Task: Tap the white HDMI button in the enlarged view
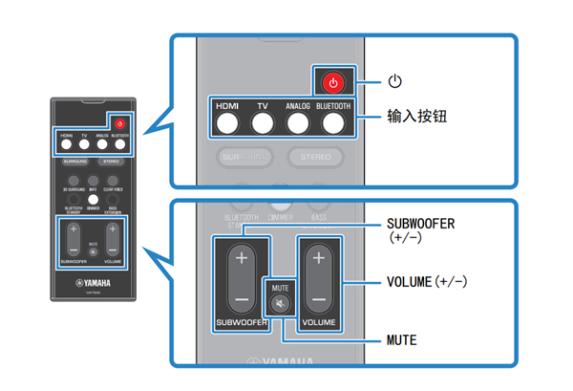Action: pyautogui.click(x=225, y=122)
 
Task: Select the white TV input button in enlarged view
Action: pyautogui.click(x=262, y=122)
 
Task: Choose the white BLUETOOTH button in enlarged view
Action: pyautogui.click(x=333, y=122)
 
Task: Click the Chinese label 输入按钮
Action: pyautogui.click(x=417, y=117)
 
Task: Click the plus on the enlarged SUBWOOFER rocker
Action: pyautogui.click(x=241, y=258)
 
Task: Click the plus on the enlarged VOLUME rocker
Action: pyautogui.click(x=318, y=258)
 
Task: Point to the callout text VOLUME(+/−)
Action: pyautogui.click(x=427, y=282)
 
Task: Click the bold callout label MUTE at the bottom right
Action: pyautogui.click(x=405, y=339)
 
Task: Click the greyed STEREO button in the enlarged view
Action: pyautogui.click(x=314, y=156)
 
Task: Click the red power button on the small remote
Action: pyautogui.click(x=119, y=123)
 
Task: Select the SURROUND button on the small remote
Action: pyautogui.click(x=74, y=163)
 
